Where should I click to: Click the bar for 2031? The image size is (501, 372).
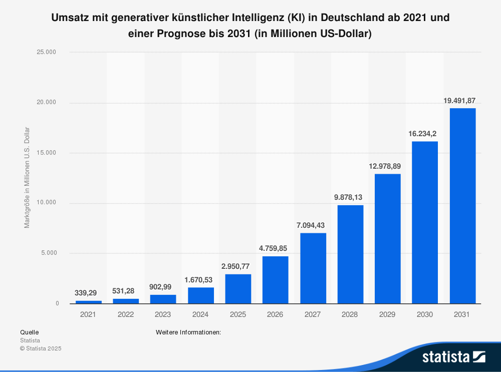coord(462,206)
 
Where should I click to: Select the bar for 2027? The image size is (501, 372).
coord(313,268)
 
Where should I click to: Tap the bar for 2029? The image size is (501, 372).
coord(388,239)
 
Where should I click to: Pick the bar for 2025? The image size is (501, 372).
coord(238,289)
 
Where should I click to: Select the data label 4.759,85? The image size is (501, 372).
coord(275,248)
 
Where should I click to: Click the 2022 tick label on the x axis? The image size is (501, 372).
coord(126,314)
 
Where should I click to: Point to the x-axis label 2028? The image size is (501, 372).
coord(350,314)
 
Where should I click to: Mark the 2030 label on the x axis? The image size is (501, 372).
coord(425,314)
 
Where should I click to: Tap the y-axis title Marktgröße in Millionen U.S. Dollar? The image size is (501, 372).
coord(27,178)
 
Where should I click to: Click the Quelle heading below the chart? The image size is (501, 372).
coord(29,332)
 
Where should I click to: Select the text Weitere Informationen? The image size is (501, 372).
coord(188,332)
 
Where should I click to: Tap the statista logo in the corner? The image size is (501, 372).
coord(453,356)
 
